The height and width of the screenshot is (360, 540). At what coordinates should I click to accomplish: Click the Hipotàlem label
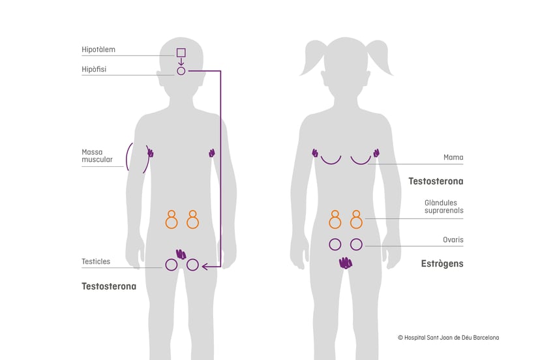[98, 50]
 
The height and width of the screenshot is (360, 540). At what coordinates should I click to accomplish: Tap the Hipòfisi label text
[94, 69]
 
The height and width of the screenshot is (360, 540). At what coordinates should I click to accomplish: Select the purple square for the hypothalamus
[181, 53]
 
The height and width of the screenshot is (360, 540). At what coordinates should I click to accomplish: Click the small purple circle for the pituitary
[181, 70]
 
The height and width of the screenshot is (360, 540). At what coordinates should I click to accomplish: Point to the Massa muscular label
[97, 155]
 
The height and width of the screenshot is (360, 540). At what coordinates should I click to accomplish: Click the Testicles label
[96, 262]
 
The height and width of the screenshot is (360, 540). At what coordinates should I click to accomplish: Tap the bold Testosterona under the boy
[109, 286]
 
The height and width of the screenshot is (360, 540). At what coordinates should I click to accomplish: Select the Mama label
[453, 157]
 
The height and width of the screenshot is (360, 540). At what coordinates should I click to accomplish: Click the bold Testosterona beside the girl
[436, 181]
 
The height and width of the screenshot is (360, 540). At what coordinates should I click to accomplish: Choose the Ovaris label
[453, 240]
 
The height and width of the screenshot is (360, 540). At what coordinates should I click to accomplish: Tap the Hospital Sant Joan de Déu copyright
[448, 337]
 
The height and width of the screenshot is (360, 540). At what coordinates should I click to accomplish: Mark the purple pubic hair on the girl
[346, 263]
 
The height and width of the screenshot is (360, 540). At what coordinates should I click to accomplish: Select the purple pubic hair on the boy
[181, 254]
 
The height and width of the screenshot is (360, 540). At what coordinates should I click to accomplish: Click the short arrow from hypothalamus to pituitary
[181, 62]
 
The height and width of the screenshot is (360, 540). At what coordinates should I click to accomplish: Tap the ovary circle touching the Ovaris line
[356, 245]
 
